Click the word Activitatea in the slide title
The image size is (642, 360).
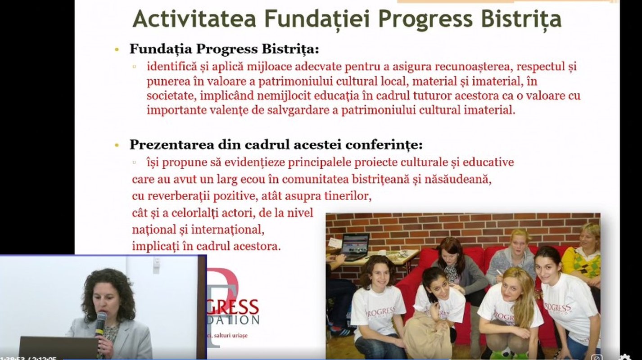[x=194, y=19]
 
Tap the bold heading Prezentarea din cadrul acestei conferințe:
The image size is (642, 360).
[x=276, y=145]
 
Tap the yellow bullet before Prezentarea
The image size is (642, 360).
[x=117, y=145]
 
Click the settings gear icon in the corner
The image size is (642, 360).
[x=624, y=356]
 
